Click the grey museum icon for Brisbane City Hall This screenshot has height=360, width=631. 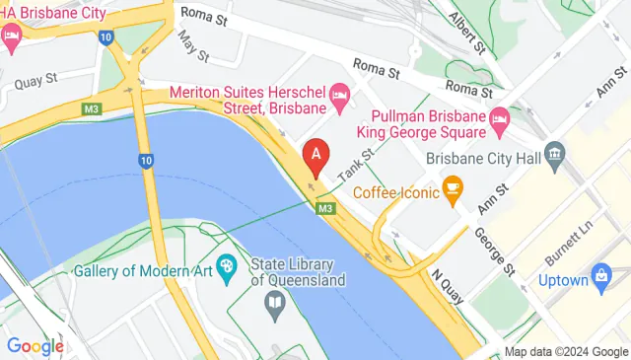[x=553, y=154]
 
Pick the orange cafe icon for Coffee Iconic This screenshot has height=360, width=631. [x=454, y=187]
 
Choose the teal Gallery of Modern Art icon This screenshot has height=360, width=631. [x=227, y=264]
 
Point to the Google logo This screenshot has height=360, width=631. [x=35, y=346]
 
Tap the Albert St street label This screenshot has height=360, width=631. [x=468, y=32]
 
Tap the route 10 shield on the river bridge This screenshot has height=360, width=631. [x=146, y=161]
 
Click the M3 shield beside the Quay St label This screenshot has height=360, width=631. [x=94, y=108]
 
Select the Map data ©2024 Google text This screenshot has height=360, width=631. [x=566, y=352]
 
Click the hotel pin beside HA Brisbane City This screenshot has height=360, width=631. [x=12, y=39]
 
